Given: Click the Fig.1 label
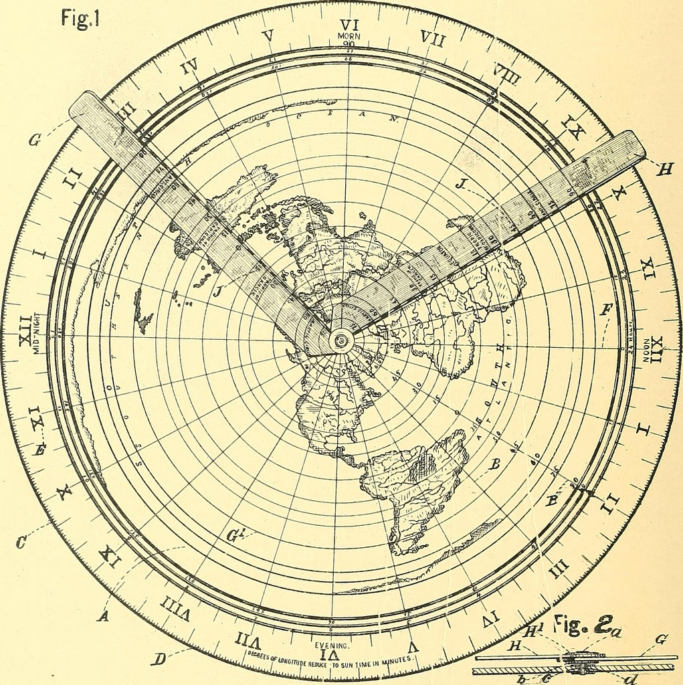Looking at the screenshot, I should coord(80,17).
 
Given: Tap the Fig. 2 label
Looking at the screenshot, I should coord(581,625).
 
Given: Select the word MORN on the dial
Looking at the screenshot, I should coord(348,36).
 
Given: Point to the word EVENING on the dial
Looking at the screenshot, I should coord(333,646).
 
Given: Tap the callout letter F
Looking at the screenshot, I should coord(606,309).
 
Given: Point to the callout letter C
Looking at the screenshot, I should coord(22,543).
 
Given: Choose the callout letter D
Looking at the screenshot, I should coord(158,659).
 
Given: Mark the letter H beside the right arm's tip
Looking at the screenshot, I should coord(664,170).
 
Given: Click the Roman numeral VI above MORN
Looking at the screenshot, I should coord(349,25).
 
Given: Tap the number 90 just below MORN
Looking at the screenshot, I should coord(348,45).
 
